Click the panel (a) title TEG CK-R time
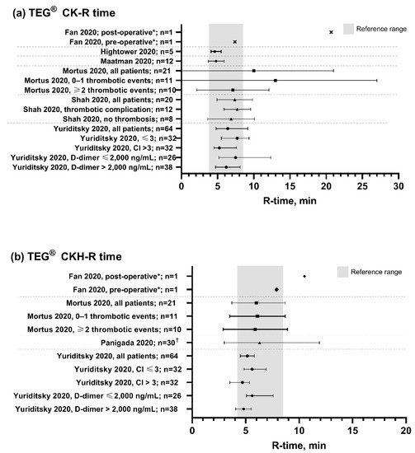tap(62, 9)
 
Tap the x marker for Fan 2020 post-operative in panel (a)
tap(331, 31)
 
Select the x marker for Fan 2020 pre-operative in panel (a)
tap(234, 41)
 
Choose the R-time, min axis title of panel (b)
tap(297, 443)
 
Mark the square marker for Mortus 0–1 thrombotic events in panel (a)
tap(276, 80)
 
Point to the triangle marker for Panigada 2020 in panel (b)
tap(259, 343)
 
